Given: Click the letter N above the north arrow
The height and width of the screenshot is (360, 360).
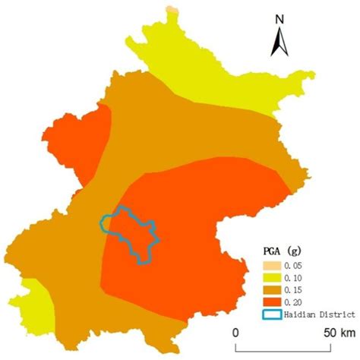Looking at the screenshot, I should click(279, 19).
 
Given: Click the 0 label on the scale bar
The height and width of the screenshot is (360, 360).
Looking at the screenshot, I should click(235, 333).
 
